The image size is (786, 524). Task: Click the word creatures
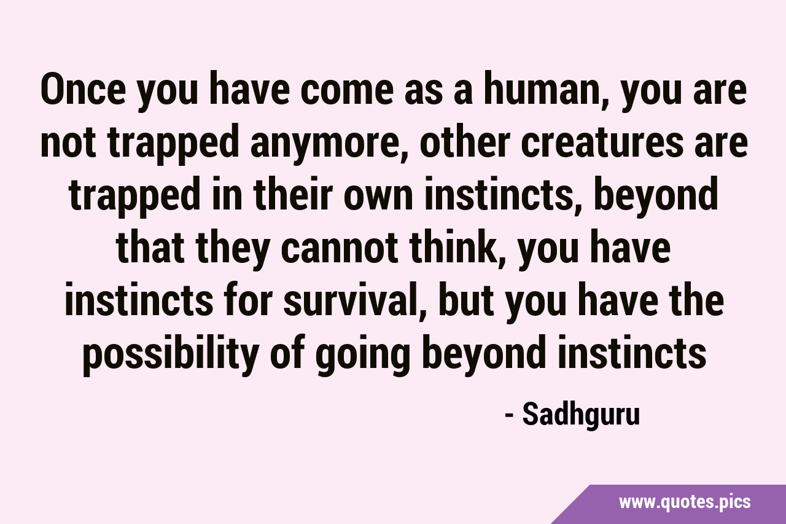602,144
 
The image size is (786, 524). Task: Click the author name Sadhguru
581,415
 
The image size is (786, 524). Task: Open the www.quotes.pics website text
685,502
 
